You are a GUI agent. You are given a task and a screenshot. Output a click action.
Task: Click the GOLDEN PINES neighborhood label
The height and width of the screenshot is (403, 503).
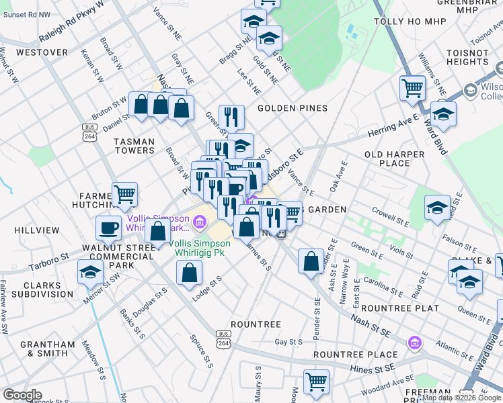291,108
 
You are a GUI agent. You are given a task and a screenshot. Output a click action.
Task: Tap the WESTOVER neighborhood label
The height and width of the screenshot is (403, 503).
42,52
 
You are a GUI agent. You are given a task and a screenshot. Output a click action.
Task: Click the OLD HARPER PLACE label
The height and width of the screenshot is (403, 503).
395,159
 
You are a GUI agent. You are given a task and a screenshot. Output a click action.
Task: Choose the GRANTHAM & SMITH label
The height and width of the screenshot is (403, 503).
48,349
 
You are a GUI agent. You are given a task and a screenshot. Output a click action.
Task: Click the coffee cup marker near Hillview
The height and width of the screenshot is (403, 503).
109,228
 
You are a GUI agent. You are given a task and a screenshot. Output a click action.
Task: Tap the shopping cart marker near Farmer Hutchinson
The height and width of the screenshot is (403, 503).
124,195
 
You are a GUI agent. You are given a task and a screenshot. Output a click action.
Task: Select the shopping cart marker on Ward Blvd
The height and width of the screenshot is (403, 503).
412,87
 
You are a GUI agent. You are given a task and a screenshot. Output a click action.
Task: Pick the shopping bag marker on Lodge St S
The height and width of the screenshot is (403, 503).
190,272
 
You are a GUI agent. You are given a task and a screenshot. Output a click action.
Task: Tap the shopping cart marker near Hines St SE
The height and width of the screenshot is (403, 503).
315,381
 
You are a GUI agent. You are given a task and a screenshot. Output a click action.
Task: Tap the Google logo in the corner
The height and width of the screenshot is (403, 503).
22,395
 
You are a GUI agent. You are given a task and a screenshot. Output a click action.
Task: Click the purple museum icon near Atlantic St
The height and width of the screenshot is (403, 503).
414,344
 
